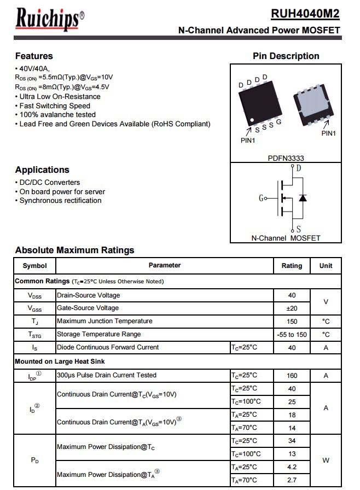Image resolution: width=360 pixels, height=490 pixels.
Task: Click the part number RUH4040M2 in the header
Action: pos(305,13)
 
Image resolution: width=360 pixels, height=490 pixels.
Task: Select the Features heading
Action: pos(34,56)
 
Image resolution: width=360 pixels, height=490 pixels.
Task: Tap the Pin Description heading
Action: pos(286,56)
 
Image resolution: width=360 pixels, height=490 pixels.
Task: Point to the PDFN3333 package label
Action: pos(286,158)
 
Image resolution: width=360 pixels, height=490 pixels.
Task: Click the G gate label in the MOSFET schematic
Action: pos(261,198)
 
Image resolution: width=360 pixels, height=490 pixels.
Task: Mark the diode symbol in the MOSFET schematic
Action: pos(303,197)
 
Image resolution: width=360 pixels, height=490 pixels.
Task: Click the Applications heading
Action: pos(42,170)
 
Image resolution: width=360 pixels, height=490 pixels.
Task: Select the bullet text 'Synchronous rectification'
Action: pos(60,201)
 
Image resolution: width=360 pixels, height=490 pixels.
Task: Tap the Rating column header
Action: pos(292,266)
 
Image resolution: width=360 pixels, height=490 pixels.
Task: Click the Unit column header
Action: pos(326,266)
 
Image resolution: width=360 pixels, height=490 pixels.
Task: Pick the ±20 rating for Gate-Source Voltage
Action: pos(292,308)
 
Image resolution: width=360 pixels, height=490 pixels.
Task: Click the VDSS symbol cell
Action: pos(34,295)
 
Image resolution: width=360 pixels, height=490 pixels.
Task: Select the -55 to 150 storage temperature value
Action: pos(292,334)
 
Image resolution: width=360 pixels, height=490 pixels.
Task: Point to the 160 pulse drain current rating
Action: pos(292,375)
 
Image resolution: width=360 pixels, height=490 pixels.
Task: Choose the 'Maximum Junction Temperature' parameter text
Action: pos(104,321)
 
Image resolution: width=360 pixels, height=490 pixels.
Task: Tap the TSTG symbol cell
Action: pos(34,334)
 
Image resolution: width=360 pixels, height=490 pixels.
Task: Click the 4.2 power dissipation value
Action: pos(292,467)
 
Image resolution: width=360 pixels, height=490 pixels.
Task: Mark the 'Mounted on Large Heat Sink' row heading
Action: pos(60,361)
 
